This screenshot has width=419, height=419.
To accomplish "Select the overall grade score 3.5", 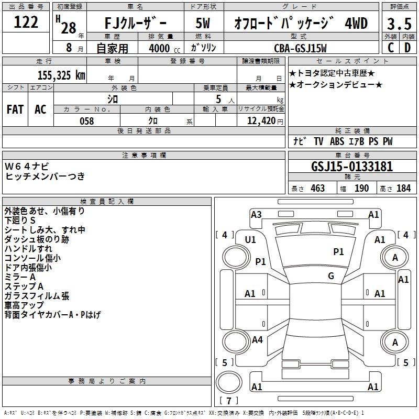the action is (x=398, y=24).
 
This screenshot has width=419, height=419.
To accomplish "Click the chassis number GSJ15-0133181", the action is (x=352, y=167).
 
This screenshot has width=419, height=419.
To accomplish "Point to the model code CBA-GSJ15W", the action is (x=300, y=48).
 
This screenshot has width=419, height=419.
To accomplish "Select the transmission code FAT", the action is (x=15, y=109).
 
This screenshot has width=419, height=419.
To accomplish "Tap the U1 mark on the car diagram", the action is (x=250, y=239).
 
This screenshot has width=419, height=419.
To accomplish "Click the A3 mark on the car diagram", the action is (x=256, y=214).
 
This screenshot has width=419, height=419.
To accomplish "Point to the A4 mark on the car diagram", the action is (x=257, y=340).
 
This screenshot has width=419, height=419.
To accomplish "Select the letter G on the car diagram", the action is (x=331, y=276).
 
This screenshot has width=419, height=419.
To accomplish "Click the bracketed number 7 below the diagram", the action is (x=228, y=401).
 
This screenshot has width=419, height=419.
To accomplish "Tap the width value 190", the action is (x=361, y=188).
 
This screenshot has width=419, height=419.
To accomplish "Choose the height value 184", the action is (x=403, y=188).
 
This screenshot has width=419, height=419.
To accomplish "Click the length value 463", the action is (x=317, y=188).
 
